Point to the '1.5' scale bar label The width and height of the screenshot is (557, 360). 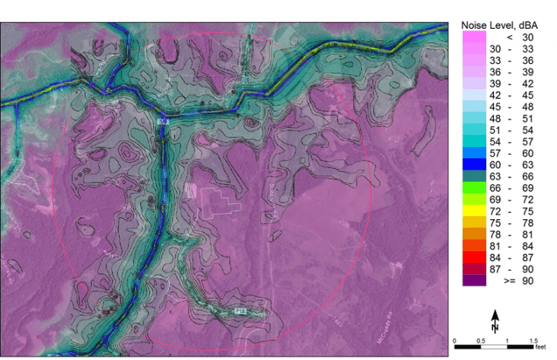pyautogui.click(x=533, y=339)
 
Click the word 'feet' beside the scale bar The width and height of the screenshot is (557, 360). pyautogui.click(x=542, y=347)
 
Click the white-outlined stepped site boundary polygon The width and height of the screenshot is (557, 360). pyautogui.click(x=220, y=199)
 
